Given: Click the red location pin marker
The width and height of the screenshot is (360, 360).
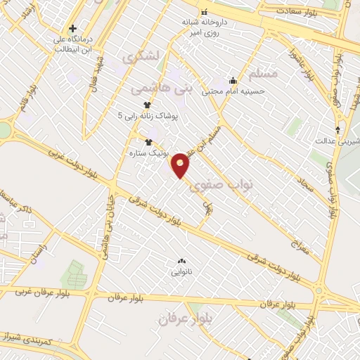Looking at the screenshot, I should click(x=181, y=165).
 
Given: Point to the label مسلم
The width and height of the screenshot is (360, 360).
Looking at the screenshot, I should click(x=264, y=73).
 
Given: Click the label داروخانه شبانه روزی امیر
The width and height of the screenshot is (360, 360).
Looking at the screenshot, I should click(x=205, y=27).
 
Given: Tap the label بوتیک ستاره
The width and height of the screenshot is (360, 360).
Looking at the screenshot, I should click(x=141, y=152).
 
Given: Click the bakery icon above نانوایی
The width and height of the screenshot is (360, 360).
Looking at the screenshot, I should click(x=182, y=260).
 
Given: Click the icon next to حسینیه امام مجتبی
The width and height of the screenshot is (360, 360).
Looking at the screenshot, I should click(x=233, y=80).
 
